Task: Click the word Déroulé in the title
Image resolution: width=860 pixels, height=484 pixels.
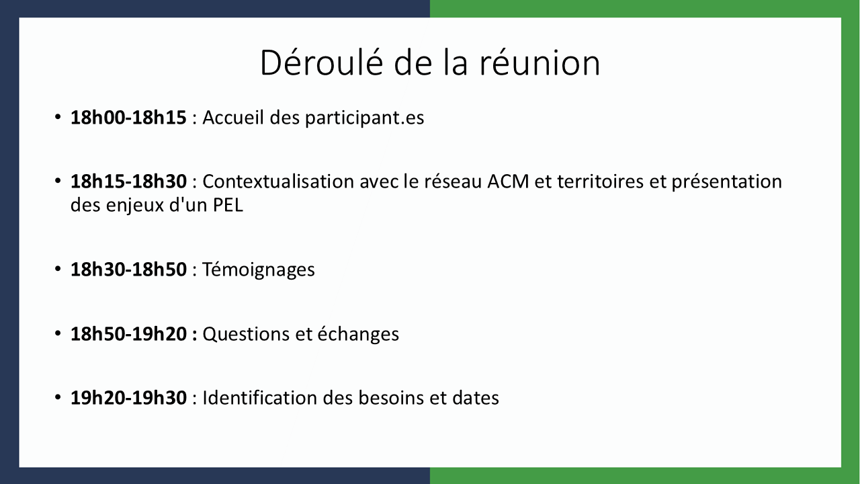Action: (322, 62)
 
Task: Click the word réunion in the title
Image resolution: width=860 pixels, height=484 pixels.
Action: (540, 63)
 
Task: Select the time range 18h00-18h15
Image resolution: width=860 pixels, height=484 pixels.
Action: (128, 117)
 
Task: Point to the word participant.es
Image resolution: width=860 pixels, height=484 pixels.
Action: (365, 118)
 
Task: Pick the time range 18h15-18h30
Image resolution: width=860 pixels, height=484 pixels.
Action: (128, 182)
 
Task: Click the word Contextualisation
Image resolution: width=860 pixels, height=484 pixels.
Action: (278, 182)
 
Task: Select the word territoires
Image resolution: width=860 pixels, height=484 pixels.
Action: (600, 182)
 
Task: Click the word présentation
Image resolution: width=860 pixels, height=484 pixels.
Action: (727, 182)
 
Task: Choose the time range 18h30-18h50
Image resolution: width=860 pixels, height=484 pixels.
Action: (128, 270)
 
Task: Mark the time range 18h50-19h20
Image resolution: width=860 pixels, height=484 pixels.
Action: (128, 333)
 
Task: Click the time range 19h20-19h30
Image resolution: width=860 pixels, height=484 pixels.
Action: (128, 397)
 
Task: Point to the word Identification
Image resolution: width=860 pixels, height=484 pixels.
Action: (259, 397)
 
